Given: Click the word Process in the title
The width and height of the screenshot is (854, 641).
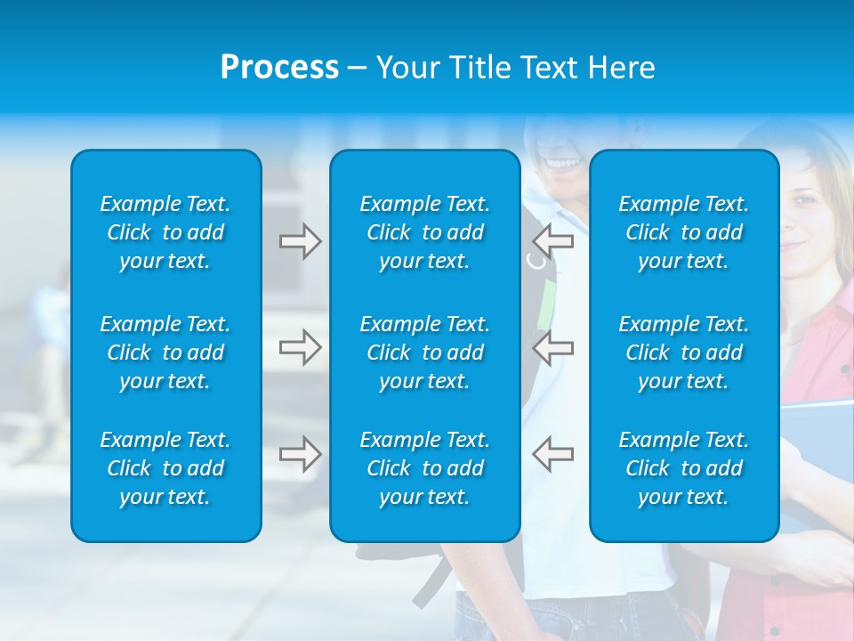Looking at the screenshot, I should tap(279, 68).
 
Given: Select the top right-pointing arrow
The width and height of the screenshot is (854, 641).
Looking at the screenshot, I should tap(300, 241).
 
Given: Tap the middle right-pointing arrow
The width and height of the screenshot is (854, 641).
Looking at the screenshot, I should tap(300, 347).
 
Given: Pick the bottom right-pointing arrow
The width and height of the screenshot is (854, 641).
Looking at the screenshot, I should tap(300, 454).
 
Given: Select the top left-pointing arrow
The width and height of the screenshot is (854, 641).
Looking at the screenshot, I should tap(552, 241).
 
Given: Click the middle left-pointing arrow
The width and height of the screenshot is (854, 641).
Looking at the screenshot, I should tap(552, 347).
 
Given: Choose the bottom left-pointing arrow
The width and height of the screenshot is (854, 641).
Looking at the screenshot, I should tap(552, 454).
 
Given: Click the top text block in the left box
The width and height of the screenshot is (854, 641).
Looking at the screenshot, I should tap(165, 232).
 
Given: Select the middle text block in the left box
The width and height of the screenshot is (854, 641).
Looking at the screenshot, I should tap(165, 353).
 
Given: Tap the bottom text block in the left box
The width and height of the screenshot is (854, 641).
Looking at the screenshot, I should tap(165, 468).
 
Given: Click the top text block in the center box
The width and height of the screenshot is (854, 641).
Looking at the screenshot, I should tap(425, 232).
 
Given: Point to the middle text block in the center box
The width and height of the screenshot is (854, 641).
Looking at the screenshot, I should tap(425, 353).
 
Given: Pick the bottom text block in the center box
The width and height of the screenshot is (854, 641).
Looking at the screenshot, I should tap(425, 468).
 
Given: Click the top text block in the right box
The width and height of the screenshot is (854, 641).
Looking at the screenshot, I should tap(684, 232).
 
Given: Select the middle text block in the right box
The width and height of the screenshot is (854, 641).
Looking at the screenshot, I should tap(684, 353).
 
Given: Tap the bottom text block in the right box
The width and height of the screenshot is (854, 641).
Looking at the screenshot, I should tap(684, 468).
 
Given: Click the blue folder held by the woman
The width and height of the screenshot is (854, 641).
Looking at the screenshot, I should tap(817, 445).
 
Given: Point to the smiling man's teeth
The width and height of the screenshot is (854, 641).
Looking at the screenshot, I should tap(560, 162).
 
